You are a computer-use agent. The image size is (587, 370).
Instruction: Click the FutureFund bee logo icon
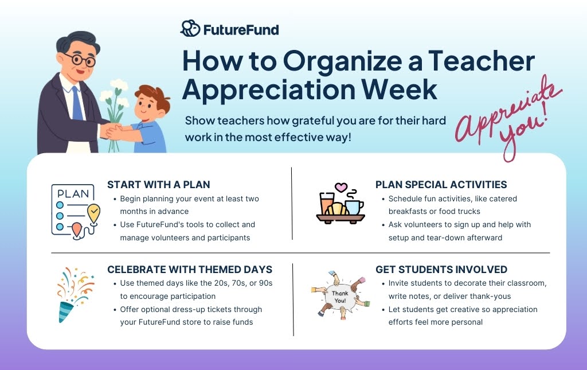pos(190,29)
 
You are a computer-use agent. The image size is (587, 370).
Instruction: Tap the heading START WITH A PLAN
pos(159,185)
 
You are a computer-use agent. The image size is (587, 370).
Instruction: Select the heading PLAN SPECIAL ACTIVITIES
pos(441,185)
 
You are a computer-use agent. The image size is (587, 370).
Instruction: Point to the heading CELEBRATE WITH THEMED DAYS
pos(190,270)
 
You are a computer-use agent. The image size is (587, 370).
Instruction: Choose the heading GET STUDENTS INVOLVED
pos(441,270)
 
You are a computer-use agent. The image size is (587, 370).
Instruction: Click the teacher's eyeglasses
pos(80,59)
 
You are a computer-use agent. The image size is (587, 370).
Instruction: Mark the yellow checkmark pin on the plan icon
pos(93,215)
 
